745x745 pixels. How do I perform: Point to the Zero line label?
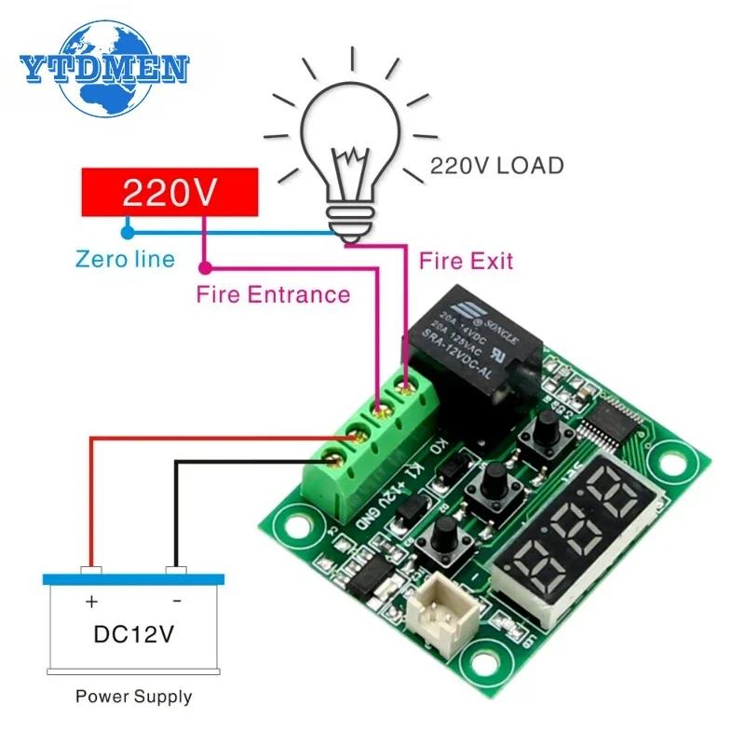coord(126,258)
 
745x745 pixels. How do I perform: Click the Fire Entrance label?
coord(273,295)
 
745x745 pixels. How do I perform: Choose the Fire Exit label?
coord(467,260)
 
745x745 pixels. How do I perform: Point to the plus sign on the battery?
coord(90,602)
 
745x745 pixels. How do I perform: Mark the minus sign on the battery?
coord(177,602)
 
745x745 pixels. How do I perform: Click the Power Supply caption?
coord(134,696)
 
